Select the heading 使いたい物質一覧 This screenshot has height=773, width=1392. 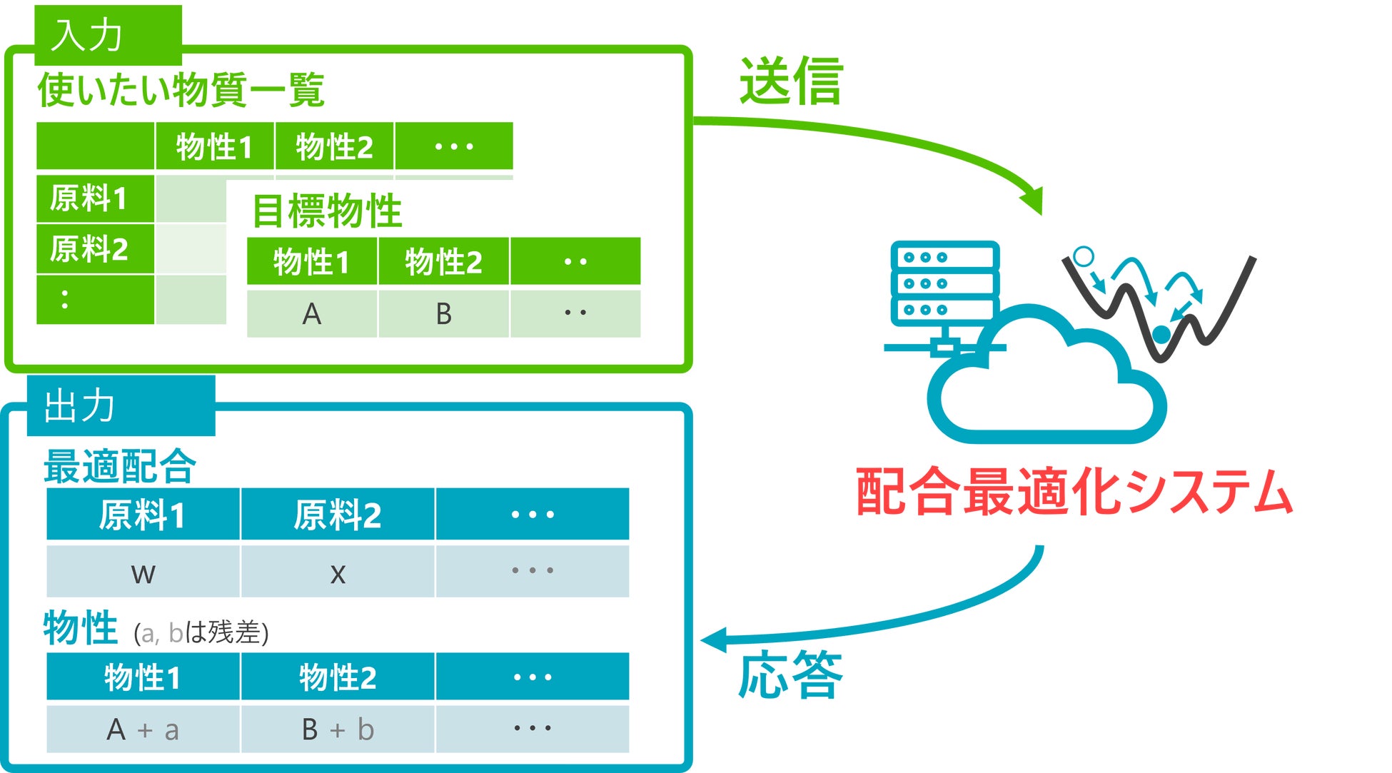pyautogui.click(x=181, y=90)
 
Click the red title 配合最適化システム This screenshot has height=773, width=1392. pyautogui.click(x=1074, y=491)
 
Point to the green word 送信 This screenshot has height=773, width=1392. pyautogui.click(x=791, y=81)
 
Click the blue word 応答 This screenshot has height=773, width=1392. pyautogui.click(x=790, y=674)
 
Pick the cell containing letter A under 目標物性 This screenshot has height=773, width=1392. pyautogui.click(x=312, y=313)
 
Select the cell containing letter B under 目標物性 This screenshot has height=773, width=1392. pyautogui.click(x=443, y=313)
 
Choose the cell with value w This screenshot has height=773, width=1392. pyautogui.click(x=143, y=572)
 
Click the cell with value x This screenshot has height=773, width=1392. pyautogui.click(x=338, y=572)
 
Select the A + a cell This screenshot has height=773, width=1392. pyautogui.click(x=143, y=729)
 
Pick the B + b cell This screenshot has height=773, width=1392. pyautogui.click(x=338, y=729)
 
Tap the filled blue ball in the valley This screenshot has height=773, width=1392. pyautogui.click(x=1161, y=333)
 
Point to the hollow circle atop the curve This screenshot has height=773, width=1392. pyautogui.click(x=1084, y=256)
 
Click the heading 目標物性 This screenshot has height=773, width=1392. pyautogui.click(x=328, y=211)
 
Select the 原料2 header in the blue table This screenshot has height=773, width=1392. pyautogui.click(x=338, y=515)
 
